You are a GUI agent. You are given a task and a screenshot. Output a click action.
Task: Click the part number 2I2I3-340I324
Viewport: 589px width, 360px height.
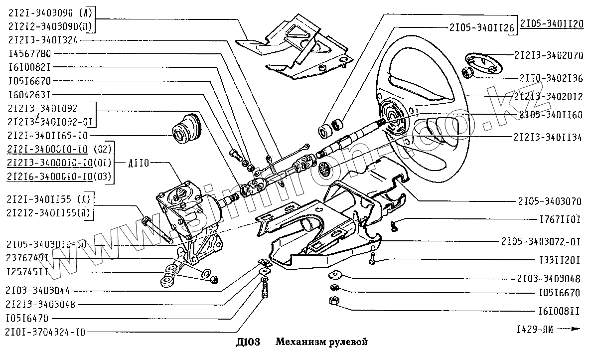tap(43, 39)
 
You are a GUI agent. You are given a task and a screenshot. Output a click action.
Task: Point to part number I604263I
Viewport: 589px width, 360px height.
tap(29, 94)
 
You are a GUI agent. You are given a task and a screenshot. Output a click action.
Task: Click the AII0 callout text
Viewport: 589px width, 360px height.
tap(139, 163)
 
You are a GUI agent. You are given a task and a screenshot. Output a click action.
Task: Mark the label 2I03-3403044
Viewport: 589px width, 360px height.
tap(38, 291)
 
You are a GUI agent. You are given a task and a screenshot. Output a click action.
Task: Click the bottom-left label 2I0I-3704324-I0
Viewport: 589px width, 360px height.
tap(45, 331)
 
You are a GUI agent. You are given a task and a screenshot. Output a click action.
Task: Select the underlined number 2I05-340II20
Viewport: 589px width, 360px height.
tap(552, 24)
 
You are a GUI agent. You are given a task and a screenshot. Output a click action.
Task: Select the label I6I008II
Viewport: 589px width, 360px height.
tap(559, 311)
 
